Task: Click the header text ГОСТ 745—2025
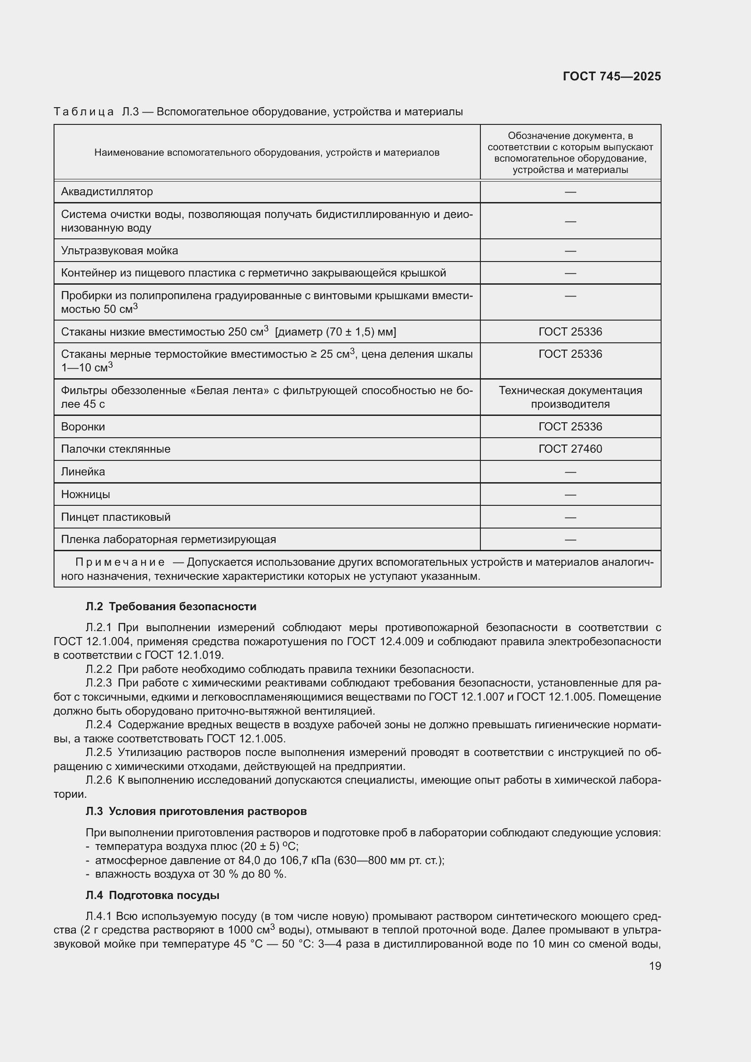611,76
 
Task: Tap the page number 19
655,966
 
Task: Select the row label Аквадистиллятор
107,192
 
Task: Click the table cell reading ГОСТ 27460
570,449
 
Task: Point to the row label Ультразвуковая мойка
119,250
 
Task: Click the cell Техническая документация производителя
570,397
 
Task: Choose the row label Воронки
83,426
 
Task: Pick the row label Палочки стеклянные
116,449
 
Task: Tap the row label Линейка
83,471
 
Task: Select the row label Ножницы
85,494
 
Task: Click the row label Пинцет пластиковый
116,517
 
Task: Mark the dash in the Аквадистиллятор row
570,192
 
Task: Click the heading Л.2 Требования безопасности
171,606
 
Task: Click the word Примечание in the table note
120,562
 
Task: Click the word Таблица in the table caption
83,112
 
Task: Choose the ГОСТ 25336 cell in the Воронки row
570,426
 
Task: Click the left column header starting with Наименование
267,153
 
